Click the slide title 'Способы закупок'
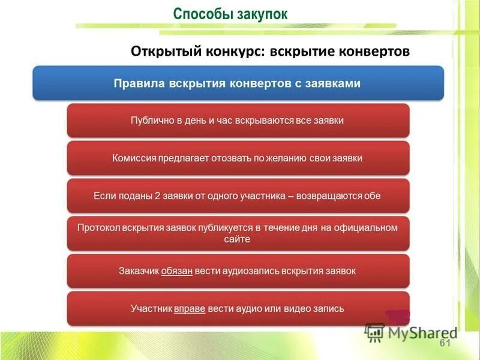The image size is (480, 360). (x=230, y=14)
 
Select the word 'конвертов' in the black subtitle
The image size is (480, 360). (x=376, y=52)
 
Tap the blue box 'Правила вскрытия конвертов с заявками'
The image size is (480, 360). (x=238, y=83)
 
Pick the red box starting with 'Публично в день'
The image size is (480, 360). (x=238, y=121)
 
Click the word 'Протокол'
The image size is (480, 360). (x=98, y=227)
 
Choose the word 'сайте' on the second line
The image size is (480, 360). (x=238, y=239)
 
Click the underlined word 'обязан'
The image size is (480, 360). (x=176, y=271)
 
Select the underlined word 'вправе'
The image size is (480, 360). (x=190, y=308)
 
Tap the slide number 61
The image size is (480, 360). (x=445, y=343)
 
